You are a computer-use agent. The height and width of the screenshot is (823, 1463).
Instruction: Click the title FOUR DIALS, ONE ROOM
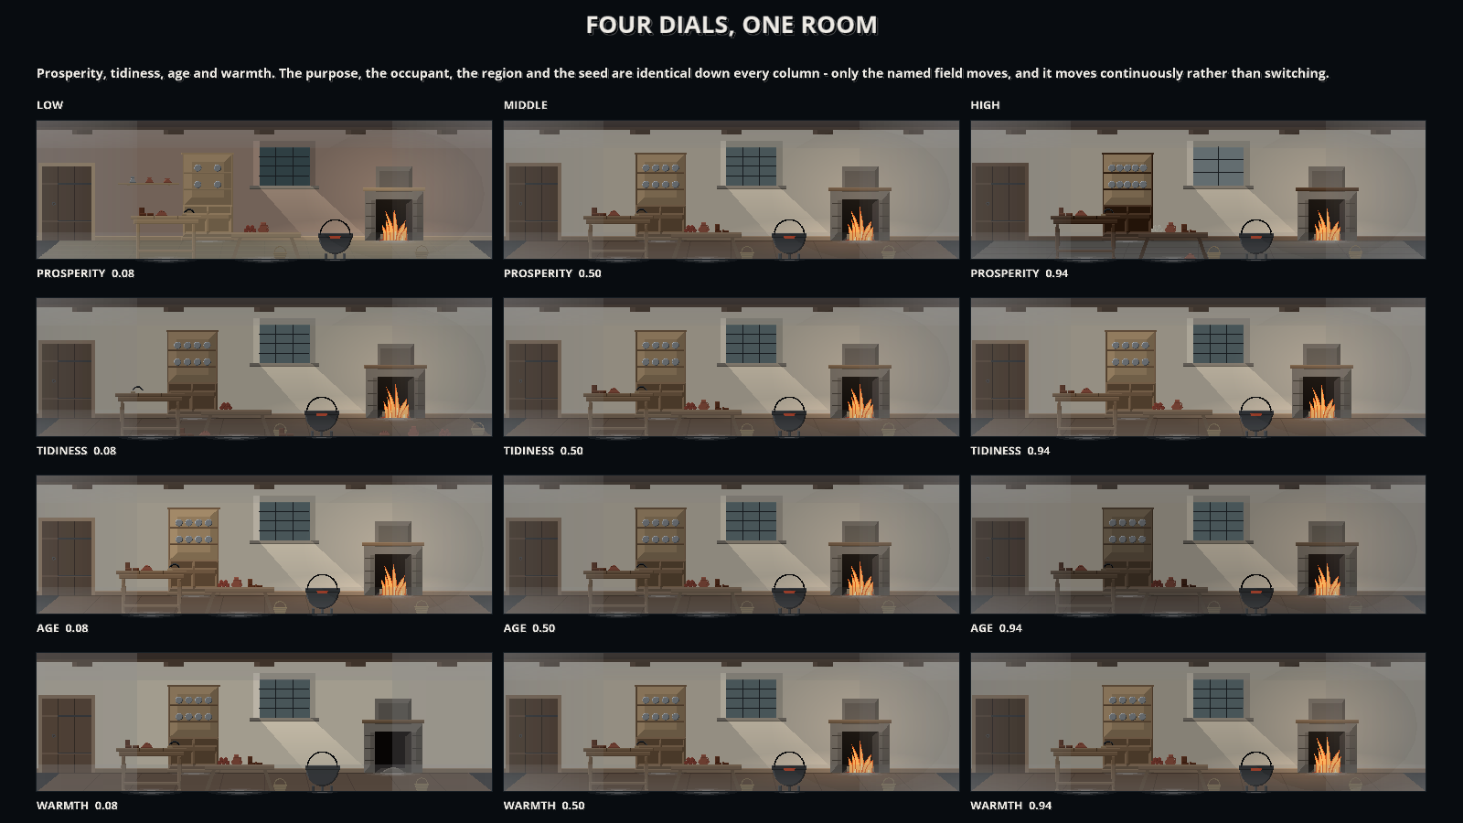point(731,25)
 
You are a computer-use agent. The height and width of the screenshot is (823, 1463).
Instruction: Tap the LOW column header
point(49,105)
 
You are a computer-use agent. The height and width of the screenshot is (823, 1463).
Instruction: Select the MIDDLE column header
point(525,105)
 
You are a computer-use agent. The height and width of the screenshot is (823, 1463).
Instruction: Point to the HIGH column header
point(985,105)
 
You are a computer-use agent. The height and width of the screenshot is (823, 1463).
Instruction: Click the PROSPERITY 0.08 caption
point(86,273)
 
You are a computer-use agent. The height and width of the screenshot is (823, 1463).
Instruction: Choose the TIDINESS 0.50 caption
point(543,451)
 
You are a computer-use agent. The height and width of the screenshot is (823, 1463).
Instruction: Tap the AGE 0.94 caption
point(996,628)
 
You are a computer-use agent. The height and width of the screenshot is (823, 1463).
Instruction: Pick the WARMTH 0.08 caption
point(77,806)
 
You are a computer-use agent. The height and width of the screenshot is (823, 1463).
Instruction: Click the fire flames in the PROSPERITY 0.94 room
point(1327,225)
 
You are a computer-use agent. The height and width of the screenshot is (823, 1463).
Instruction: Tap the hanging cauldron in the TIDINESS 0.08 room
point(322,415)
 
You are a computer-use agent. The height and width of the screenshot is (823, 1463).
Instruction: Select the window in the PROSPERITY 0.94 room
point(1218,166)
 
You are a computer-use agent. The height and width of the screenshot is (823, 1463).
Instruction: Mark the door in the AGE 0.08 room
point(67,557)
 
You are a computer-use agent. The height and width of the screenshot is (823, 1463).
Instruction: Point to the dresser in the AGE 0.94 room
point(1128,549)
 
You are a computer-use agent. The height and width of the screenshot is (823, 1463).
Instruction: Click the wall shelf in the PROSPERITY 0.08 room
point(149,182)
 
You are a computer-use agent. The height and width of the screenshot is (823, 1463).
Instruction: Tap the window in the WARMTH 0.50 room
point(751,698)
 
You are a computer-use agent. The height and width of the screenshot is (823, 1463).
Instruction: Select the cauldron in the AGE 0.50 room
point(789,593)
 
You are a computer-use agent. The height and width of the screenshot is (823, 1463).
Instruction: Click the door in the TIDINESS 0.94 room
point(1000,380)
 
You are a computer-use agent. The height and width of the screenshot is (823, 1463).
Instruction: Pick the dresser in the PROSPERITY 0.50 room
point(661,193)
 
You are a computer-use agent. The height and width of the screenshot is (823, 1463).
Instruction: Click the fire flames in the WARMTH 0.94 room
point(1327,756)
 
